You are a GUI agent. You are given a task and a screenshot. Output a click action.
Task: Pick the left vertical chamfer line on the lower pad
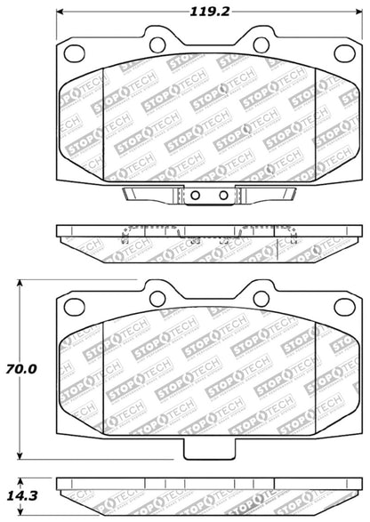104,382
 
